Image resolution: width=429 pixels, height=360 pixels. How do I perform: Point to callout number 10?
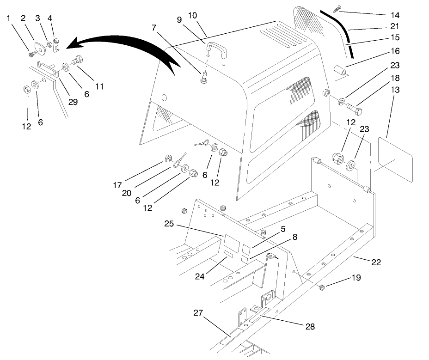click(x=192, y=16)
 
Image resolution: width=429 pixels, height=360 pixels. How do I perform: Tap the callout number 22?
click(x=376, y=262)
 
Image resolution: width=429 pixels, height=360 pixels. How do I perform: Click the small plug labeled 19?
click(x=322, y=289)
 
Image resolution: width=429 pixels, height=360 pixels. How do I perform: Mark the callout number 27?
click(x=198, y=313)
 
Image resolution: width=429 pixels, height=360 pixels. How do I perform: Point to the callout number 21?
click(x=394, y=27)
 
